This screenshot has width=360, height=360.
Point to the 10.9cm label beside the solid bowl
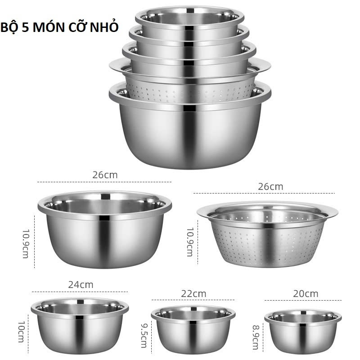point(26,243)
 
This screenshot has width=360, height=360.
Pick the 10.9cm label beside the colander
point(190,241)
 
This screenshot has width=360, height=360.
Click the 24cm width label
point(81,285)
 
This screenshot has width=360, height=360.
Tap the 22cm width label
point(193,293)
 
